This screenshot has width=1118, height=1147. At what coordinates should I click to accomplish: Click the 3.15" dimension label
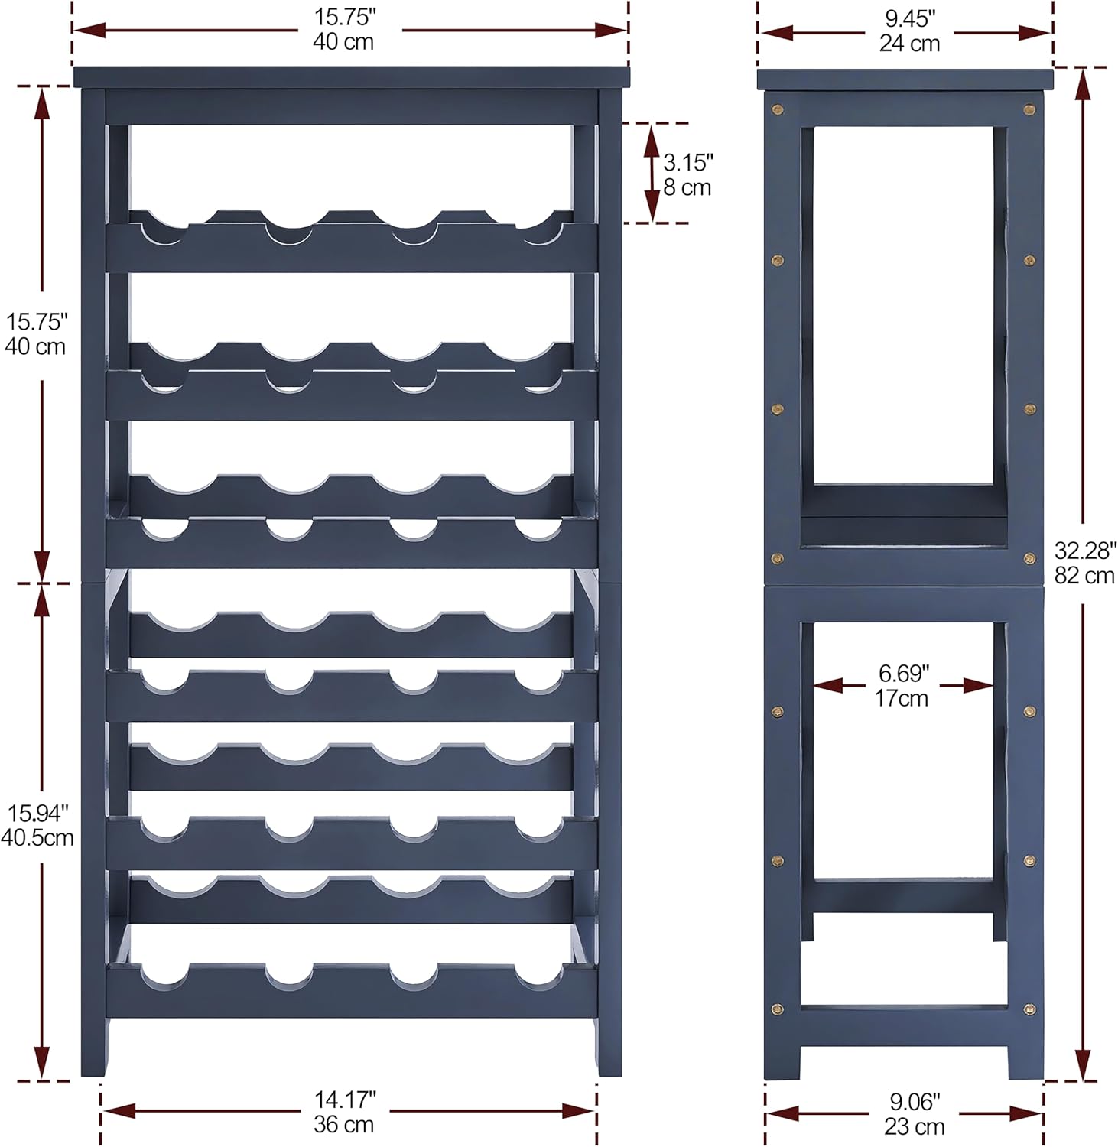[688, 162]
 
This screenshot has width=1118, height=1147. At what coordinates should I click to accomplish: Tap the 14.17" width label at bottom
[345, 1100]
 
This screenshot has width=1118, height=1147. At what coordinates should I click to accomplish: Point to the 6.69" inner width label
[904, 673]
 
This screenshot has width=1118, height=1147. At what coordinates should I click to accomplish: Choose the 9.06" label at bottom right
[915, 1101]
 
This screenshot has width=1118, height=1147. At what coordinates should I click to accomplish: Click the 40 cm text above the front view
[343, 41]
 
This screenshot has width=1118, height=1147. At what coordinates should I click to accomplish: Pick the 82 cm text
[1084, 575]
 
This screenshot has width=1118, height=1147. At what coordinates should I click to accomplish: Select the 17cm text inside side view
[902, 698]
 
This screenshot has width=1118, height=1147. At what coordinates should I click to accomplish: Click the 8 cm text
[687, 187]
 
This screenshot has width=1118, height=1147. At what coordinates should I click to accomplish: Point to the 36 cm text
[343, 1125]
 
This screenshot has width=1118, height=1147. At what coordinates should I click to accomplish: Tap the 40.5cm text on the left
[37, 837]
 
